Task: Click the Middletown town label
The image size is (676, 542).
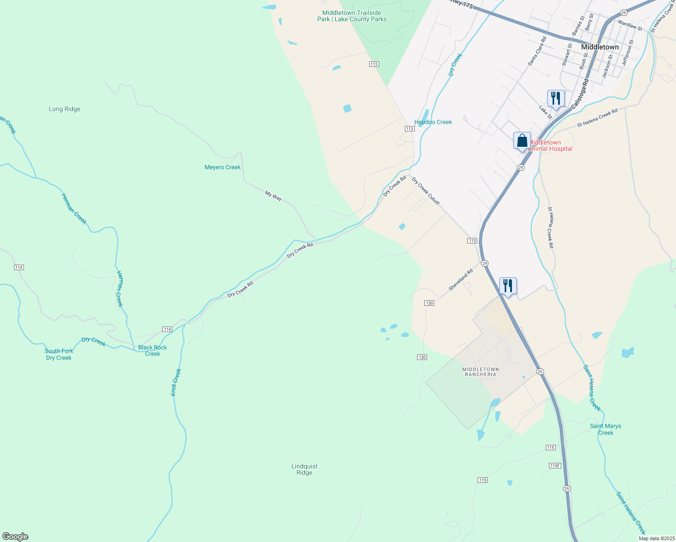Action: (600, 47)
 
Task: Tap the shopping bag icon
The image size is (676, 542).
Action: (522, 140)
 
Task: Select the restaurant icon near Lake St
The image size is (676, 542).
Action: (555, 98)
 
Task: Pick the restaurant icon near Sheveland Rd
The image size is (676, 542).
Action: (508, 285)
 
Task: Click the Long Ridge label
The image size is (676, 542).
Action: (65, 109)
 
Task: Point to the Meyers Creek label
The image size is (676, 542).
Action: (223, 167)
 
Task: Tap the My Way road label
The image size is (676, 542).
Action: (273, 196)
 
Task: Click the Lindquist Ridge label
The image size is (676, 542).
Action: (305, 469)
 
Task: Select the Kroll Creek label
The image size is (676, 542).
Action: (176, 383)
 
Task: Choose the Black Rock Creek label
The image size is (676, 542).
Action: (153, 350)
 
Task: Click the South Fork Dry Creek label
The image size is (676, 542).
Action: (59, 354)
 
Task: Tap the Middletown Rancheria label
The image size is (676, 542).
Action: (481, 372)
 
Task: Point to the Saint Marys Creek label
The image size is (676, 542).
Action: (606, 429)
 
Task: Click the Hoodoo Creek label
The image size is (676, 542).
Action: (433, 122)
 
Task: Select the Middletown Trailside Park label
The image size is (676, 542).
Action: (352, 16)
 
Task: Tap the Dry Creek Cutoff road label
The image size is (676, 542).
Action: (426, 191)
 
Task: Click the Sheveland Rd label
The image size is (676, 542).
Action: (461, 280)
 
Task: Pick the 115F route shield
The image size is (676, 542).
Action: (555, 466)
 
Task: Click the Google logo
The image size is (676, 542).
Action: (15, 537)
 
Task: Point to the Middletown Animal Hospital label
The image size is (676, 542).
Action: (550, 145)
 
